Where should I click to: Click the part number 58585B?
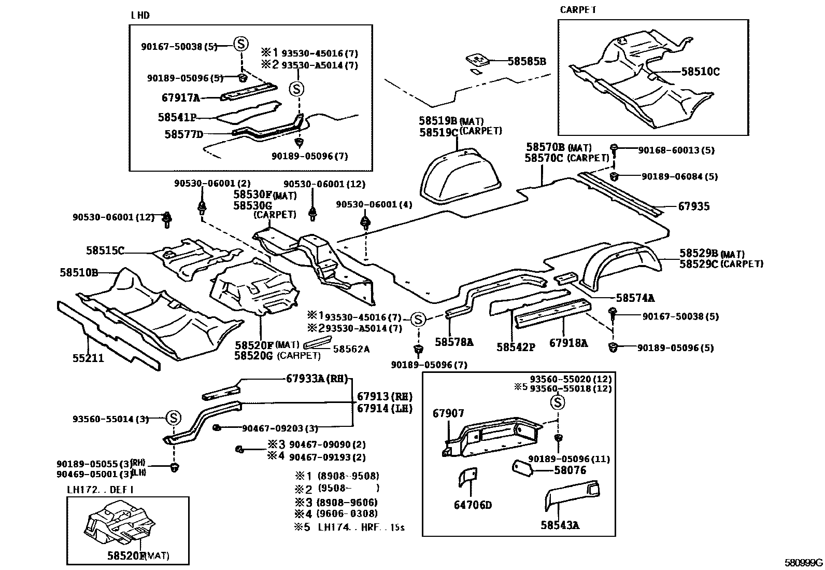point(527,61)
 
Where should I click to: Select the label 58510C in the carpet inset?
point(700,72)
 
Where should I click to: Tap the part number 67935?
point(693,206)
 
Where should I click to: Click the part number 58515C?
point(105,251)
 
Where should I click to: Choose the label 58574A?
point(635,298)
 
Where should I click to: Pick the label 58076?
point(570,470)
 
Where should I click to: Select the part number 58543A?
point(560,525)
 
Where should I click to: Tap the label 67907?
point(448,413)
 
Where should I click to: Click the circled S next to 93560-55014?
point(174,418)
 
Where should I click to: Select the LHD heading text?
point(140,16)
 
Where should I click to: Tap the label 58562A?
point(351,349)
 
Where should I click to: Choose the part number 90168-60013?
point(676,150)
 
